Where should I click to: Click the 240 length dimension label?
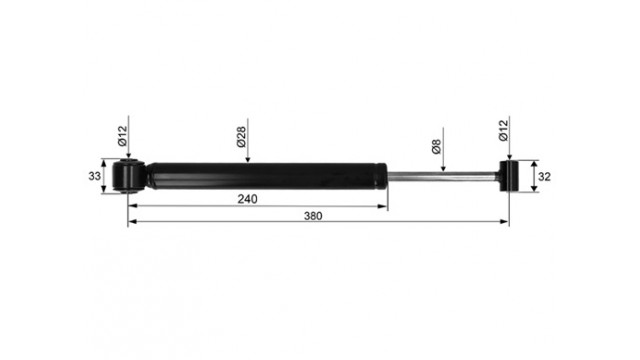[x=247, y=199]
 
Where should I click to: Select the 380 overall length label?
[x=313, y=216]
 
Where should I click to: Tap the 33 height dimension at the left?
[x=94, y=176]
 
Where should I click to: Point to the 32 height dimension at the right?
[x=544, y=177]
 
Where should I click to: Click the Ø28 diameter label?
[x=241, y=137]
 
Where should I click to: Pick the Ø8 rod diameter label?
[x=436, y=147]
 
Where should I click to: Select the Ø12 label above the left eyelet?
[x=122, y=136]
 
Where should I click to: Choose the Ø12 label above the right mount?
[x=504, y=131]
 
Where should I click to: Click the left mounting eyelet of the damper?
[x=128, y=176]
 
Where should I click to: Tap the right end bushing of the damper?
[x=508, y=176]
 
